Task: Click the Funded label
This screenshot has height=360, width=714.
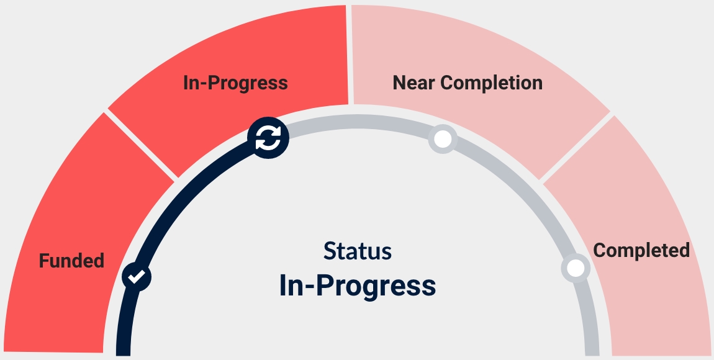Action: pos(71,261)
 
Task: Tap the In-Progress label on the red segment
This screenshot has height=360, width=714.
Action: pos(235,83)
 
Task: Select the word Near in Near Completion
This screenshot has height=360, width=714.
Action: pos(413,83)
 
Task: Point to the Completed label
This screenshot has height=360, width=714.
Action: pos(641,250)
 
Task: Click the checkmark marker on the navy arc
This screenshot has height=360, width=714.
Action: pos(137,276)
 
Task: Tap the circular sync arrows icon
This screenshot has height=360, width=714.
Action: pos(268,138)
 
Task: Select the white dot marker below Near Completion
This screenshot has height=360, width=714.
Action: pos(443,139)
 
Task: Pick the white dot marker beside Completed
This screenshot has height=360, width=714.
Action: pos(576,268)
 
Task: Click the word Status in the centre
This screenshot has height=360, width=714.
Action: pos(357,251)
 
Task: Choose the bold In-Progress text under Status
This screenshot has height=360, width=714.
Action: pos(357,286)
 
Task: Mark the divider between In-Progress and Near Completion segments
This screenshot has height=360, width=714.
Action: pos(350,55)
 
